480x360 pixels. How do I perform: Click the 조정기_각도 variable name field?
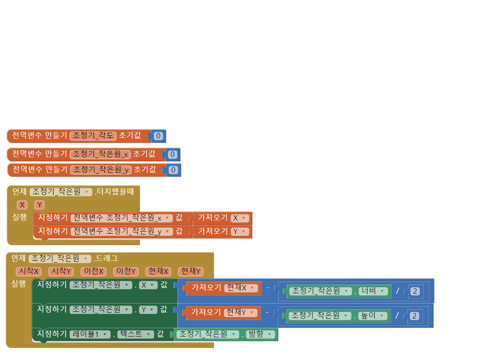coord(93,135)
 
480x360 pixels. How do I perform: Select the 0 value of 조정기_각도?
coord(158,136)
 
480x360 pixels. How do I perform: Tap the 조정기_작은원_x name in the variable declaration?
coord(100,154)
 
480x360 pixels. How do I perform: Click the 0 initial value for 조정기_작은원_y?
coord(172,170)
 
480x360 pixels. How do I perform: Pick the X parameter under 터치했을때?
coord(21,204)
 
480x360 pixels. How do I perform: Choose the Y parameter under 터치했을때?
coord(39,204)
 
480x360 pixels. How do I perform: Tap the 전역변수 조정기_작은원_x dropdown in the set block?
coord(121,218)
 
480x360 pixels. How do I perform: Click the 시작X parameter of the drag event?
coord(28,271)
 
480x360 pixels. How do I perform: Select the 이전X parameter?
coord(94,271)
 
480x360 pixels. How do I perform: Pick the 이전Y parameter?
coord(126,271)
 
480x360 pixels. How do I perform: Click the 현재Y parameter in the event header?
coord(190,271)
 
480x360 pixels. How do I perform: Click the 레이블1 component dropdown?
coord(89,334)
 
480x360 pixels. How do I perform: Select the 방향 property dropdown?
coord(260,334)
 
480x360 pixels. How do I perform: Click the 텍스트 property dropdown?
coord(135,334)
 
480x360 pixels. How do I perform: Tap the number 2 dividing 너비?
coord(415,291)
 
